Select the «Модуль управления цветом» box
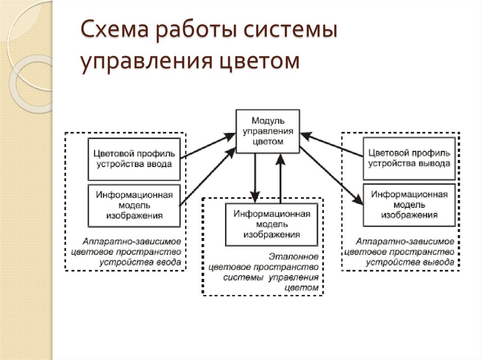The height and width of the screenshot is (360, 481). click(267, 131)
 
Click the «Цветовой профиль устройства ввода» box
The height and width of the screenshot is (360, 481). click(134, 159)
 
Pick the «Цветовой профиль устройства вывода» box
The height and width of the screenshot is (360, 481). click(409, 159)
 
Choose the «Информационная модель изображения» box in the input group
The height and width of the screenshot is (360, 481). click(134, 205)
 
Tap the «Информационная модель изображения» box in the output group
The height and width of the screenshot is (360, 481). click(409, 205)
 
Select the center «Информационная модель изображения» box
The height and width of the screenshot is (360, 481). click(272, 224)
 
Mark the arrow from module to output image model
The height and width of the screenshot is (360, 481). click(332, 176)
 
